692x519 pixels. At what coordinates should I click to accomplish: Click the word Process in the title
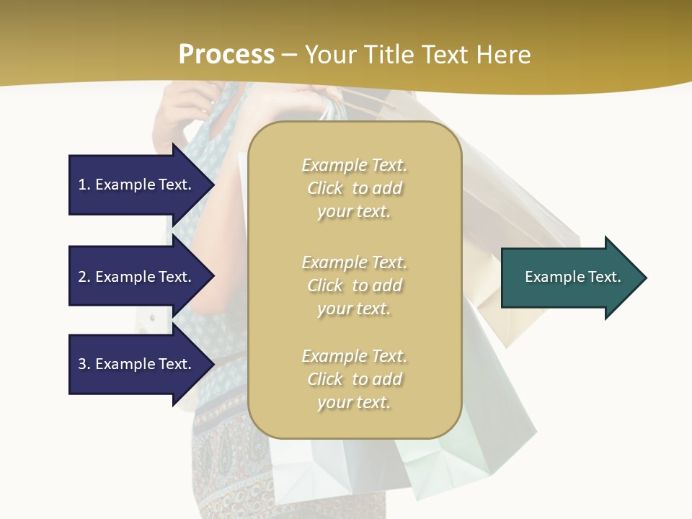click(226, 55)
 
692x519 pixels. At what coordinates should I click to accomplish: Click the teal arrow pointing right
click(569, 278)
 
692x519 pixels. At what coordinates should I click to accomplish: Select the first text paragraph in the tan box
click(354, 188)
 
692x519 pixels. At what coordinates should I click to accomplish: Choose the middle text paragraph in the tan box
click(354, 285)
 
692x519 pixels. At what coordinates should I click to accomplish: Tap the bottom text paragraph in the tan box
click(354, 379)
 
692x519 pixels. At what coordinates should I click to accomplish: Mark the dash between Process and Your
click(289, 56)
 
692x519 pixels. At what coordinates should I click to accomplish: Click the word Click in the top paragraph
click(325, 189)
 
